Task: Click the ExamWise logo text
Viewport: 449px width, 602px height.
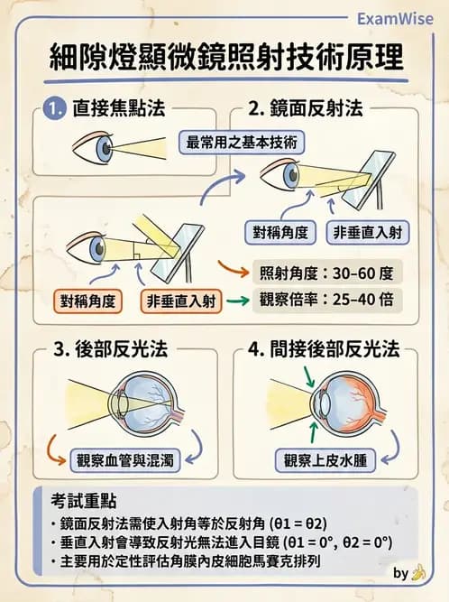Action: pyautogui.click(x=396, y=18)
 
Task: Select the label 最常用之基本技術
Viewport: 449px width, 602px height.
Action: pyautogui.click(x=243, y=143)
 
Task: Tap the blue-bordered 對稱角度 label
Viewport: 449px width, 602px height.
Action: pyautogui.click(x=281, y=232)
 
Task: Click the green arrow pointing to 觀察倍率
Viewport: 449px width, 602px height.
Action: pyautogui.click(x=236, y=302)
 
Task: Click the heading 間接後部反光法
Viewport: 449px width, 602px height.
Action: pyautogui.click(x=331, y=351)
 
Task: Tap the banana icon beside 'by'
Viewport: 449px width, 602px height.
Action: pyautogui.click(x=417, y=572)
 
